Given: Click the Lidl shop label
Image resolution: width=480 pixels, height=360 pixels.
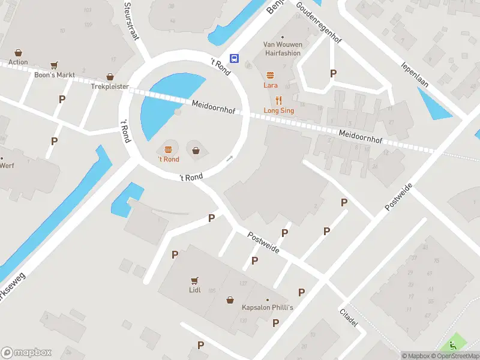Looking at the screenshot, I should pos(194,290).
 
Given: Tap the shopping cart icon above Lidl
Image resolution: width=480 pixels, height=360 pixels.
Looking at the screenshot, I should pos(194,280).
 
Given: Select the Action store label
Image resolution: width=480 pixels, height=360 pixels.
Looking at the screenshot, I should pos(18,62).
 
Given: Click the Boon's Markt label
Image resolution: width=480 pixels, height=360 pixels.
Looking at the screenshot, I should pos(55,75).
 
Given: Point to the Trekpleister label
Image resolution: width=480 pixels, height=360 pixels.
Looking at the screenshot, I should pos(110,86).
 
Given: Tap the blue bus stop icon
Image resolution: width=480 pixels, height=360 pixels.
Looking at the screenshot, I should pos(235,59).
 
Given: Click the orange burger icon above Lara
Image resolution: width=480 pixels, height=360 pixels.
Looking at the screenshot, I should pos(270,75).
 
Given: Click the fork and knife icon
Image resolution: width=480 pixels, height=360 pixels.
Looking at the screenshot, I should pos(278,100).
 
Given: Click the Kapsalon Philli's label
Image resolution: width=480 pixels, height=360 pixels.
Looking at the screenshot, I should pos(268,308).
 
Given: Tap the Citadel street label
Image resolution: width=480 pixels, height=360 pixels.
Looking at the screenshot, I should pos(349,318).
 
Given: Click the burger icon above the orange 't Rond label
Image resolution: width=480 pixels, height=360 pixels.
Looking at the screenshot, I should pos(168,149).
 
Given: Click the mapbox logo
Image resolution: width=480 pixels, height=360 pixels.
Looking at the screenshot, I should pos(26,353).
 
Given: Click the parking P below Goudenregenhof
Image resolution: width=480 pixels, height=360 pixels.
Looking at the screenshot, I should pos(333,73).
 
